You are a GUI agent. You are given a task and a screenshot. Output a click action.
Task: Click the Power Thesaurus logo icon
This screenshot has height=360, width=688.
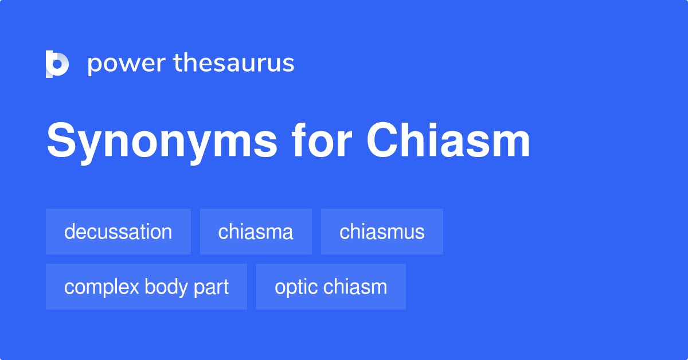pos(57,64)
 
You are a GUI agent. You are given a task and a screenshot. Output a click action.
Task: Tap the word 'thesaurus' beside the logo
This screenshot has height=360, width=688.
pos(234,63)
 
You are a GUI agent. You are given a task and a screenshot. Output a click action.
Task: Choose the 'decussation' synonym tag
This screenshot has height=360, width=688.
pos(118,232)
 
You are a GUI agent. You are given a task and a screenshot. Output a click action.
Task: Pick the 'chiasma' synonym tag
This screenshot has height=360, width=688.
pos(256,232)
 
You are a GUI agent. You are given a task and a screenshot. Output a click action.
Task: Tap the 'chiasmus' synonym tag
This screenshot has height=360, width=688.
pos(382,232)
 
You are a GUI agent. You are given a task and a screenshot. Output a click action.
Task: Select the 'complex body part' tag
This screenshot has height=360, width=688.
pos(146,287)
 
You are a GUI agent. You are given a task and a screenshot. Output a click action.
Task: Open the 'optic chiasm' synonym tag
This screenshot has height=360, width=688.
pos(331,287)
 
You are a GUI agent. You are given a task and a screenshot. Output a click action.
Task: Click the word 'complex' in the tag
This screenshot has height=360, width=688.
pos(101,287)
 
